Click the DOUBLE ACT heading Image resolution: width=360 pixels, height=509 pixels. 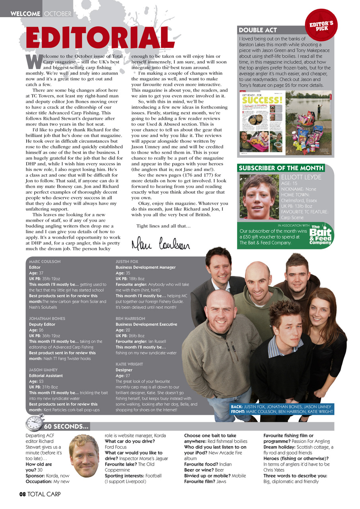pos(257,30)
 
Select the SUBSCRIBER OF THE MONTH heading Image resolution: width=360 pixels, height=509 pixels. pos(281,168)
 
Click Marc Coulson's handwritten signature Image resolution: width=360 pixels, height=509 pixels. pos(161,242)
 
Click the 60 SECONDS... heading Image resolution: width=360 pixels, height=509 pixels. pos(66,427)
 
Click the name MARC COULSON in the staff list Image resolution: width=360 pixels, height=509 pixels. pos(44,262)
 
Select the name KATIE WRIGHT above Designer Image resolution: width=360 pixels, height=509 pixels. pos(129,364)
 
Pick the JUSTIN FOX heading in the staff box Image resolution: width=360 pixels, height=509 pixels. pos(126,262)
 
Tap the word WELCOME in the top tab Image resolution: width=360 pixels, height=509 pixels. pos(25,14)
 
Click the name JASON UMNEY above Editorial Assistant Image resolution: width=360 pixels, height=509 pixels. pos(43,370)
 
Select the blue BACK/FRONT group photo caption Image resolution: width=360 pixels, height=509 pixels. pos(282,409)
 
